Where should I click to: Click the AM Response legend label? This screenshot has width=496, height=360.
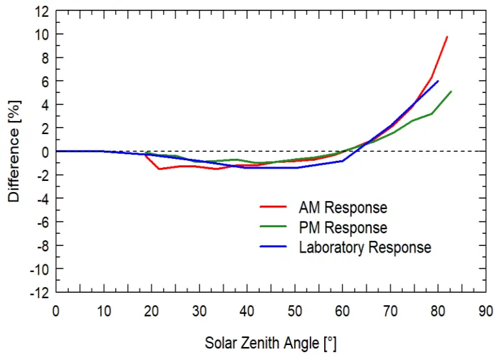tap(342, 208)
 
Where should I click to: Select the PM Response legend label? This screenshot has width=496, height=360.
tap(342, 228)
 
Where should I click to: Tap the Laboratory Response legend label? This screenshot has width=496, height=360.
tap(365, 247)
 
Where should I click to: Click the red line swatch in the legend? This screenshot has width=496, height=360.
tap(274, 208)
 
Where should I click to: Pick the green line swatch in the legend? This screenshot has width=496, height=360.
tap(274, 228)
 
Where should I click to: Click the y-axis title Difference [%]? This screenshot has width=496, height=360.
tap(14, 151)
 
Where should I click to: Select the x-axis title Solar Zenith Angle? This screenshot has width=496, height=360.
tap(270, 342)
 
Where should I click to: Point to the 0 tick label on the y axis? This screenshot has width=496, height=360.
tap(45, 152)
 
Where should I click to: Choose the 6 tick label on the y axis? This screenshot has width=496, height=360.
tap(45, 81)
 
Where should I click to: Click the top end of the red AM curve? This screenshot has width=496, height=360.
tap(447, 36)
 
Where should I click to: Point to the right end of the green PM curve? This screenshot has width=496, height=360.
tap(451, 91)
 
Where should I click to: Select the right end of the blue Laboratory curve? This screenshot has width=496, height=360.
tap(438, 81)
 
